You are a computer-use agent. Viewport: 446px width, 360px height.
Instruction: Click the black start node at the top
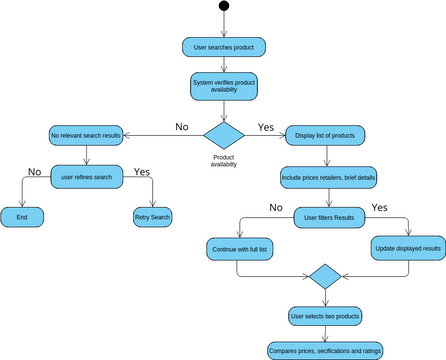(224, 7)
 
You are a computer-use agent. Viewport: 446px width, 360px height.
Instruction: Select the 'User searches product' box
(224, 47)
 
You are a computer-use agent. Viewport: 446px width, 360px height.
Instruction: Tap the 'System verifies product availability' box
(224, 86)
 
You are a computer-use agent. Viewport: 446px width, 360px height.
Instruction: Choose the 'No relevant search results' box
(86, 134)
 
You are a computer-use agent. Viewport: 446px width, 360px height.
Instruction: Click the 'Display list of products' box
(326, 134)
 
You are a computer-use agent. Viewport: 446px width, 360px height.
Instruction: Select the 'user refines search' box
(86, 176)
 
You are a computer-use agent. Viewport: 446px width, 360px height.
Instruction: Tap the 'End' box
(22, 216)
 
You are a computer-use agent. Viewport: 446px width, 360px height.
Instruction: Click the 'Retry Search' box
(152, 216)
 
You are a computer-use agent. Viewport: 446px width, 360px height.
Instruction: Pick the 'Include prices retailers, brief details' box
(326, 176)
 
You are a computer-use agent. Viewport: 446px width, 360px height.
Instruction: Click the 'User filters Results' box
(326, 216)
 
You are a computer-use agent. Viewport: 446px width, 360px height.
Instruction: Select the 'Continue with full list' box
(241, 248)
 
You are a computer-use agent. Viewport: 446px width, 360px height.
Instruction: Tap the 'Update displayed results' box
(408, 248)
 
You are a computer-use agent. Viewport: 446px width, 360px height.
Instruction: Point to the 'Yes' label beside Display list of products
(266, 127)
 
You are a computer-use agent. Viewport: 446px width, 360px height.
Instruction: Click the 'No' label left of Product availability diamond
(181, 127)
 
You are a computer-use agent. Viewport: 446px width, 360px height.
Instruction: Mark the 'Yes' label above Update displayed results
(380, 207)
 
